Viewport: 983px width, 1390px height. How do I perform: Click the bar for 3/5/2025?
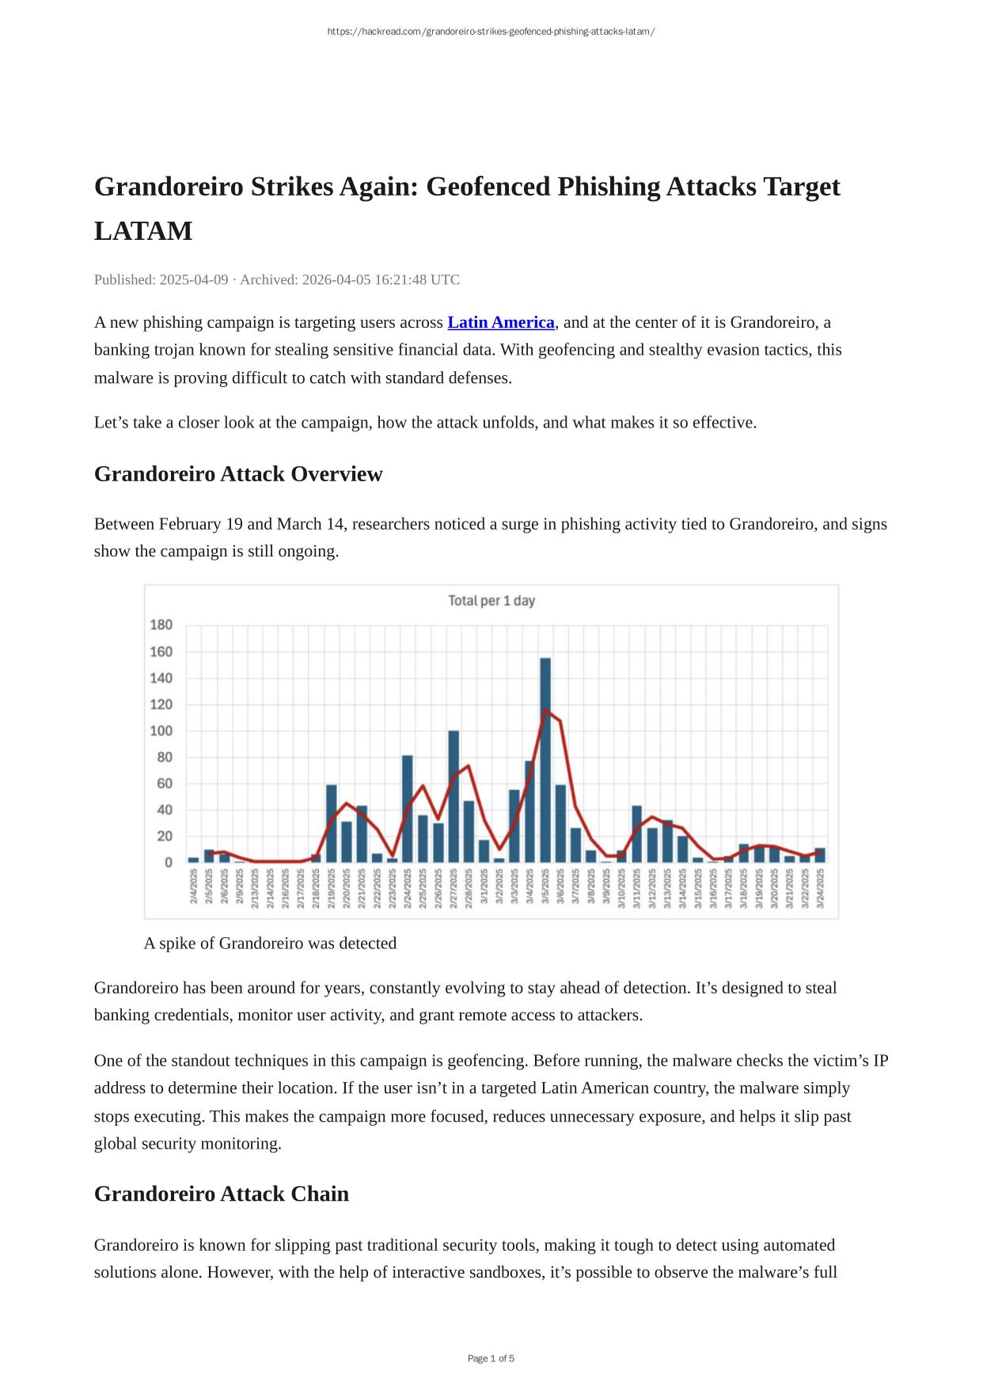[545, 760]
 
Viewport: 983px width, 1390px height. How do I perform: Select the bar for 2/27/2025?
[454, 796]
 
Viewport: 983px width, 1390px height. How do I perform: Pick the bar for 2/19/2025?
[332, 823]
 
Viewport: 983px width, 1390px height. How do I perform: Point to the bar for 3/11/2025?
[637, 834]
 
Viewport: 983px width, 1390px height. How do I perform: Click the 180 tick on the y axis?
[161, 625]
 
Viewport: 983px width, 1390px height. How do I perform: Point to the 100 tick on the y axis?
[161, 731]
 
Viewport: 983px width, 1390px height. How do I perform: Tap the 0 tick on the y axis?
[168, 862]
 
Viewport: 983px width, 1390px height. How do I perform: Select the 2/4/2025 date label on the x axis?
[194, 887]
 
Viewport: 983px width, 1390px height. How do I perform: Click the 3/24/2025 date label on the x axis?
[820, 887]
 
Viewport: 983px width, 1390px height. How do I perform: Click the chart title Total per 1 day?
[491, 601]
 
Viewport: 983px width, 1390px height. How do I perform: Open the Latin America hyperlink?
[501, 323]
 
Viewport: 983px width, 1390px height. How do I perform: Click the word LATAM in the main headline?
[143, 231]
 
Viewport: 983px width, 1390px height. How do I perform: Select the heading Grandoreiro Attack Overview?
[238, 474]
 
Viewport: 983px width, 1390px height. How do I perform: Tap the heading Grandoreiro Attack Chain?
[222, 1194]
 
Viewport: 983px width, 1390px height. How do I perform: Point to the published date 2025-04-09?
[194, 279]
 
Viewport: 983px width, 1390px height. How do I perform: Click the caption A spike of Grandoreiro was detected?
[270, 944]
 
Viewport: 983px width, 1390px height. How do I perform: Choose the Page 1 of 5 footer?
[491, 1358]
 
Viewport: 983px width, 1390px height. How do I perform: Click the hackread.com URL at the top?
[491, 32]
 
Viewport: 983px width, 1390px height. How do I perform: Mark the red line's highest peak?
[545, 710]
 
